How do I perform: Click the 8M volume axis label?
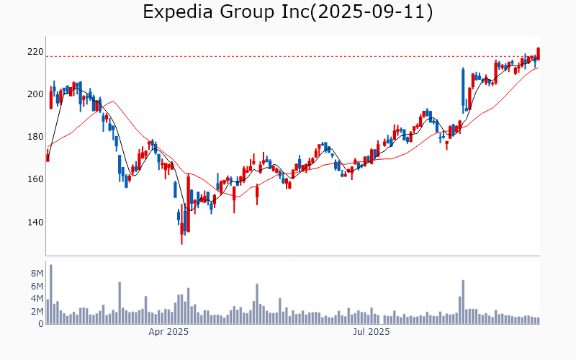click(x=37, y=274)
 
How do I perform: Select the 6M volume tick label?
click(x=37, y=286)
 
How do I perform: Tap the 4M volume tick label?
click(x=37, y=299)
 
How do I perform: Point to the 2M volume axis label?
click(x=37, y=311)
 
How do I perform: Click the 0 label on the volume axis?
click(x=40, y=324)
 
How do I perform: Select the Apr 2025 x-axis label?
click(x=168, y=332)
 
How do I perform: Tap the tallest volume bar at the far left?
click(x=50, y=294)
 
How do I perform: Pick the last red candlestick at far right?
click(x=538, y=53)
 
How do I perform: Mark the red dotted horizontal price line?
click(x=288, y=56)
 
